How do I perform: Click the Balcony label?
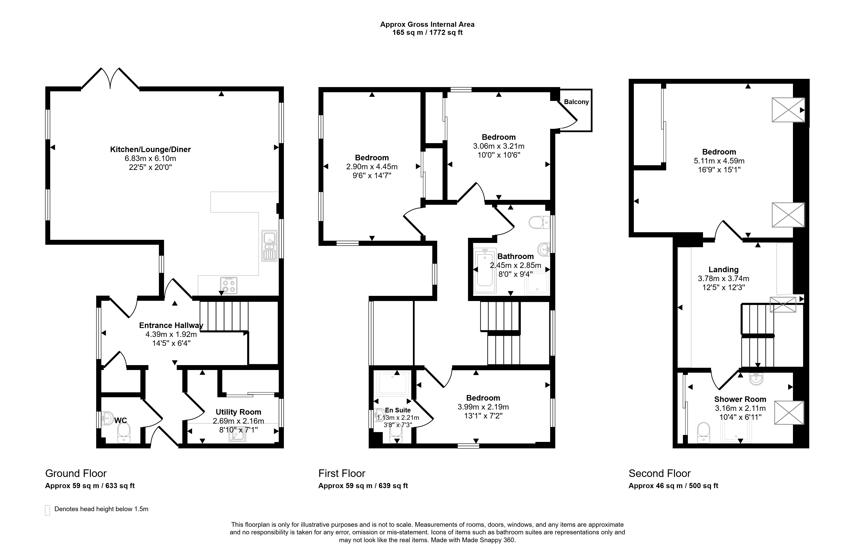[x=576, y=102]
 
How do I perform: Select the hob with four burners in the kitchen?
[x=229, y=285]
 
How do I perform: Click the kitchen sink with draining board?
[x=269, y=246]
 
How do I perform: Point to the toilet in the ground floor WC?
[x=124, y=433]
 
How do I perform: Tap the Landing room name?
[x=724, y=270]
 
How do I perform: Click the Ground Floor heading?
[x=76, y=473]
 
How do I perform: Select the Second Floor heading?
[x=659, y=473]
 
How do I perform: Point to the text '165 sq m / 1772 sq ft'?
[x=428, y=33]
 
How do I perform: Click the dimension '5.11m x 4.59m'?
[x=719, y=161]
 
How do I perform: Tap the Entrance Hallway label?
[x=171, y=325]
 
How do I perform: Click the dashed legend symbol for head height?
[x=47, y=510]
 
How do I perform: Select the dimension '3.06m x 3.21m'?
[x=499, y=146]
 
